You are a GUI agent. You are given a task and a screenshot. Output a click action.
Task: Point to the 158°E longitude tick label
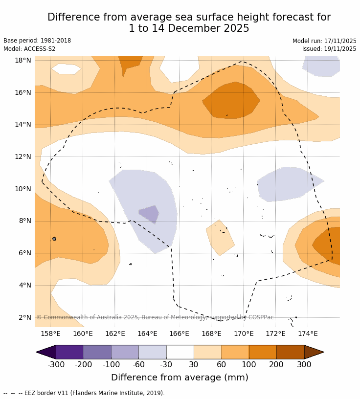pyautogui.click(x=50, y=334)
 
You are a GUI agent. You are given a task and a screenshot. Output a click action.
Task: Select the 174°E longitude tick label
pyautogui.click(x=308, y=334)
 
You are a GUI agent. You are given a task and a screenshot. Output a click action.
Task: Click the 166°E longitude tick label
pyautogui.click(x=179, y=334)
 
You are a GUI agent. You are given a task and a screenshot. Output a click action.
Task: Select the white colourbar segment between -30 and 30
pyautogui.click(x=180, y=352)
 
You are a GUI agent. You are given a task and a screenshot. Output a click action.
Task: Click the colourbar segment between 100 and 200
pyautogui.click(x=263, y=352)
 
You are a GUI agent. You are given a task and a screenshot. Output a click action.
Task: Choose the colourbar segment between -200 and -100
pyautogui.click(x=97, y=352)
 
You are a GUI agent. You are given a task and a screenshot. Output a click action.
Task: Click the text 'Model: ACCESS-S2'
pyautogui.click(x=29, y=49)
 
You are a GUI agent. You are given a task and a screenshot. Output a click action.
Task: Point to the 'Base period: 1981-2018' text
pyautogui.click(x=37, y=41)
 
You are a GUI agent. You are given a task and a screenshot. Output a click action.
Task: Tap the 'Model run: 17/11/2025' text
pyautogui.click(x=324, y=41)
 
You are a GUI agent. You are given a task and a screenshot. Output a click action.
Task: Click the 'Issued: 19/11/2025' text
pyautogui.click(x=329, y=49)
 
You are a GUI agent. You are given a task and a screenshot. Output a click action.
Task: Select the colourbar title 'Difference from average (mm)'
pyautogui.click(x=180, y=377)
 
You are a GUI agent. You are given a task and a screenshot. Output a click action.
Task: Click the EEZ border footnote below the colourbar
pyautogui.click(x=84, y=393)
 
